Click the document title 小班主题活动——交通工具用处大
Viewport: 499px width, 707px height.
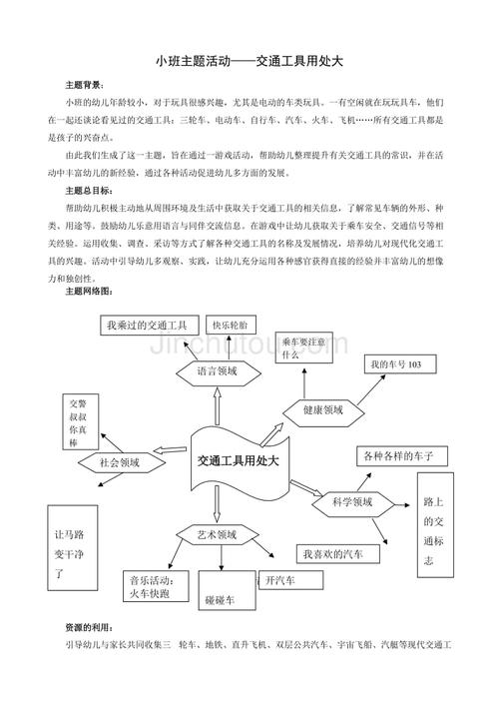[x=249, y=61]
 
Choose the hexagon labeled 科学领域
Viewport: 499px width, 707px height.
[x=350, y=502]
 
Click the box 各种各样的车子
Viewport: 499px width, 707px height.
[x=398, y=456]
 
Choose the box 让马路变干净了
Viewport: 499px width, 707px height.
[x=68, y=551]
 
